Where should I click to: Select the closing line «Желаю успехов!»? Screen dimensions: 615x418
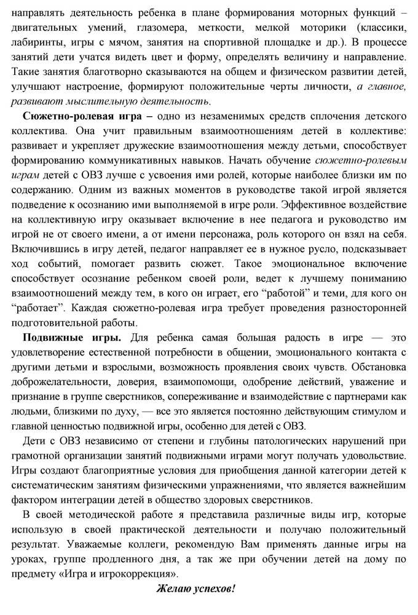pyautogui.click(x=195, y=589)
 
